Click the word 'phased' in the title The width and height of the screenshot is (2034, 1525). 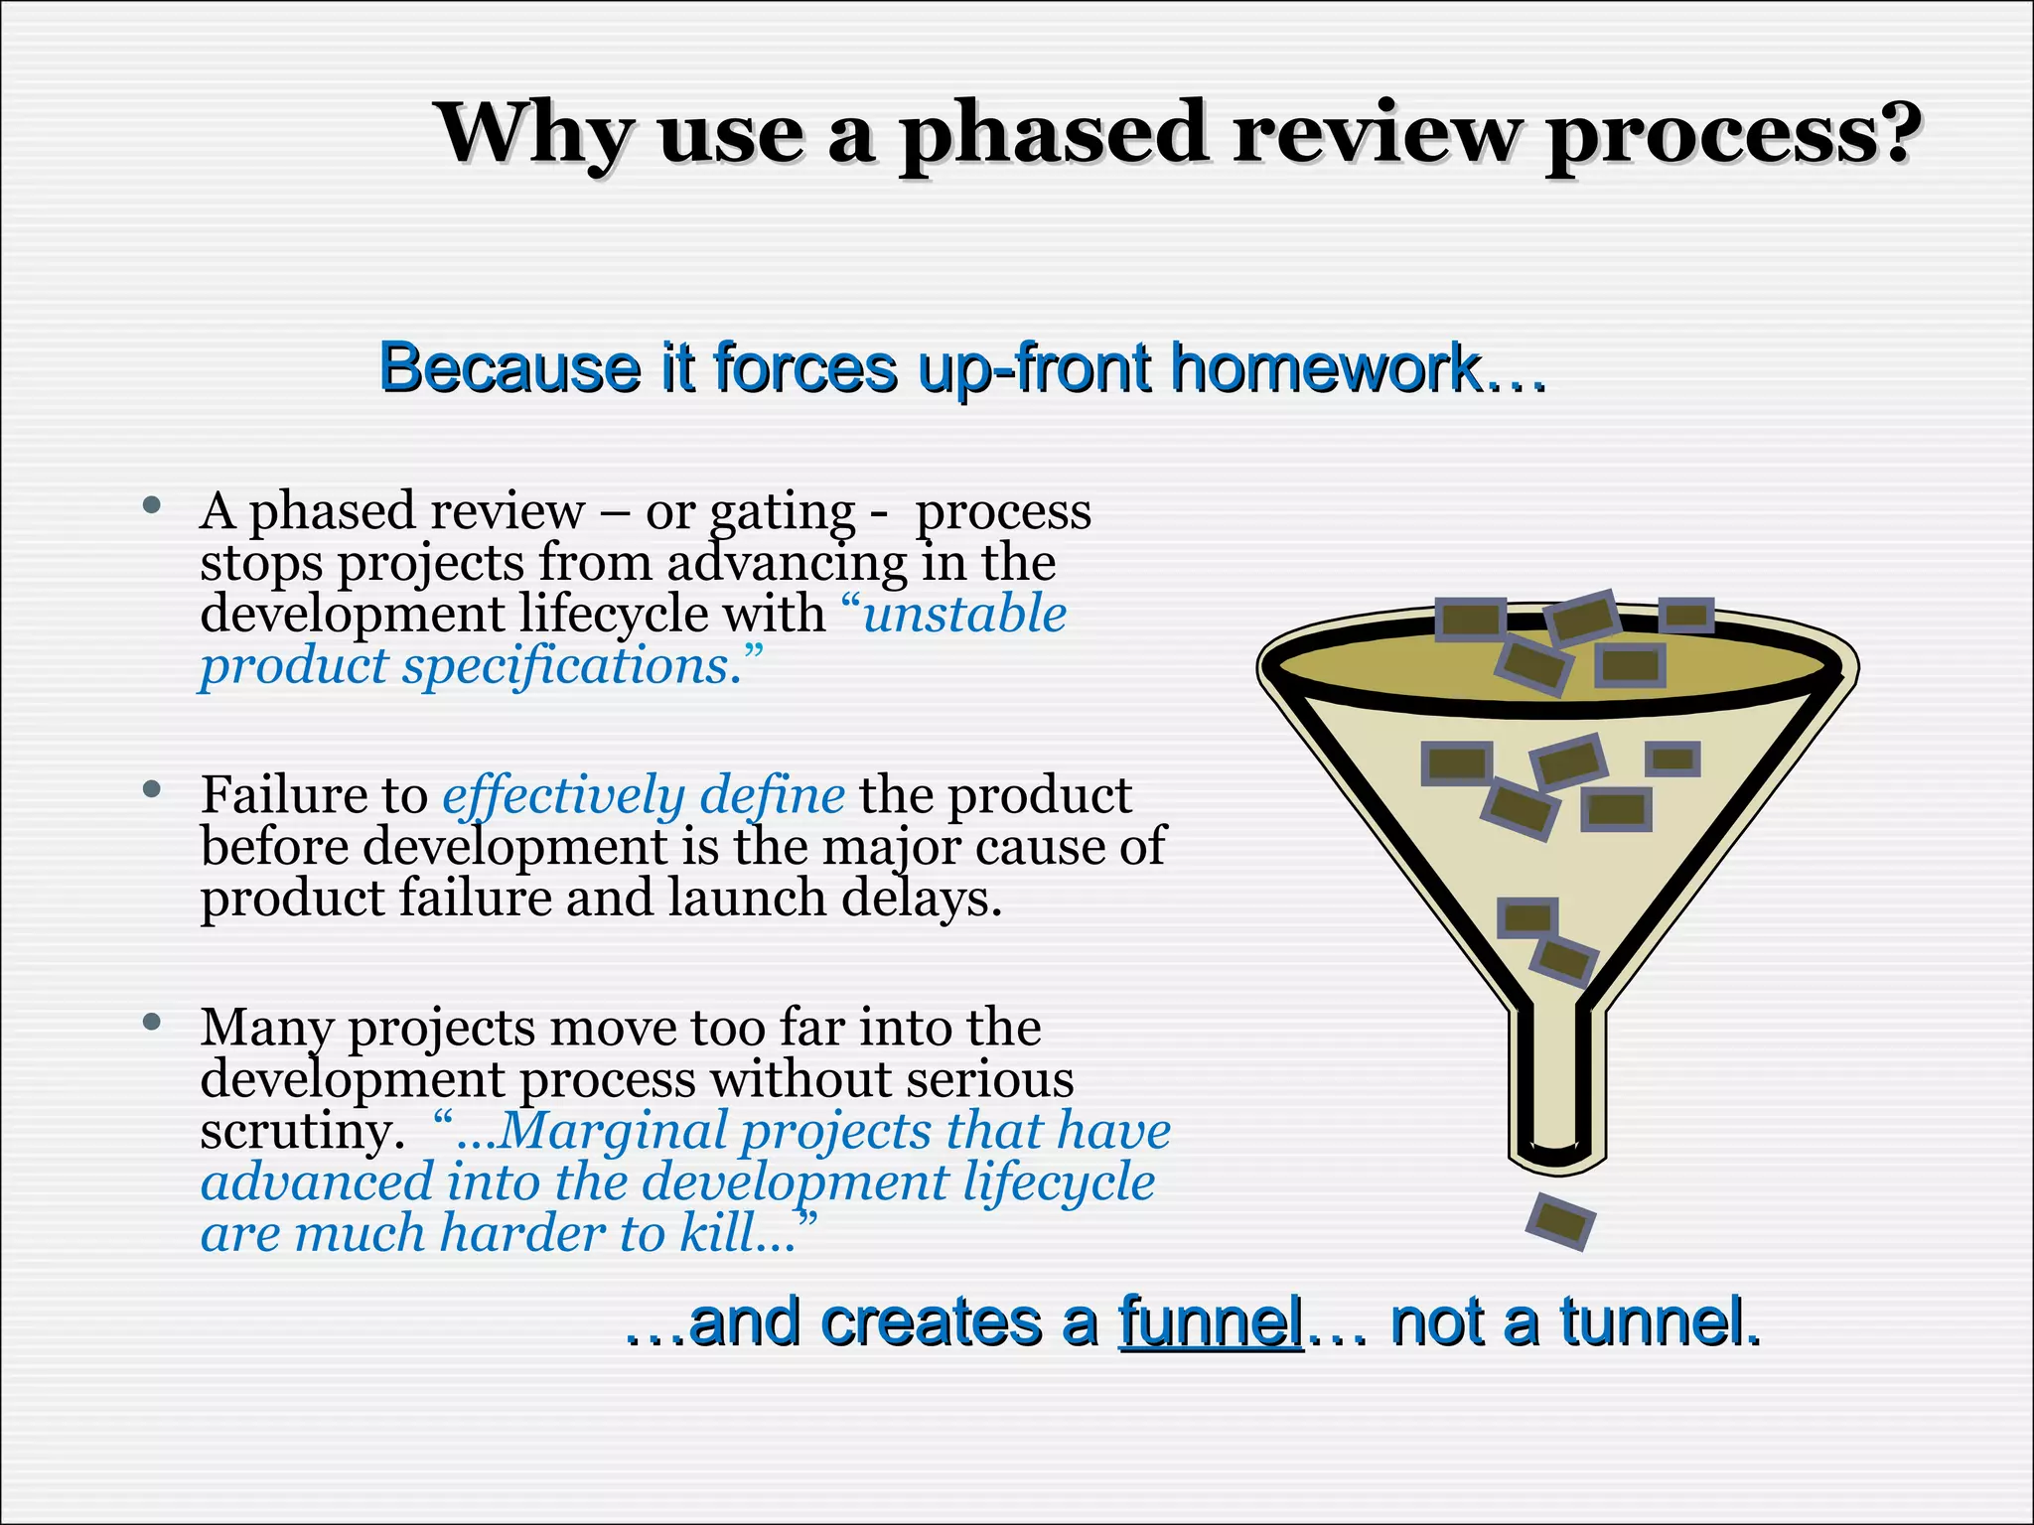tap(1052, 136)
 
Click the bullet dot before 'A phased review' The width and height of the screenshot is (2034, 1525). tap(152, 505)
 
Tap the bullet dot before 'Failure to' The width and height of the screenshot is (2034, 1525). tap(152, 789)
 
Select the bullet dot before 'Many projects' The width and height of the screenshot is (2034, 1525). tap(152, 1022)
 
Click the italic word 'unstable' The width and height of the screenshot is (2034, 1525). tap(964, 614)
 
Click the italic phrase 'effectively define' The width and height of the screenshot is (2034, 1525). tap(643, 795)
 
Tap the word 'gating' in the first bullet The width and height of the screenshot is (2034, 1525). tap(782, 512)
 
